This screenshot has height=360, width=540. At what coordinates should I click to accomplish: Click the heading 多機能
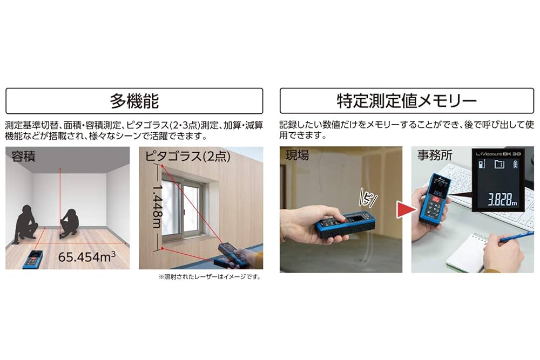point(134,101)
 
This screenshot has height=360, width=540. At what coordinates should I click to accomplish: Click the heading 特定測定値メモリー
point(407,101)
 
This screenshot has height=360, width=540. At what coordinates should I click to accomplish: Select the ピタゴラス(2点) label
point(188,157)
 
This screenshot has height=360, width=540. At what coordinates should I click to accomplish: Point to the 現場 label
point(298,156)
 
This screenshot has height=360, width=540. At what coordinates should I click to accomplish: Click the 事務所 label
point(435,157)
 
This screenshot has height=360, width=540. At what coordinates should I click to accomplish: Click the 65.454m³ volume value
point(87,256)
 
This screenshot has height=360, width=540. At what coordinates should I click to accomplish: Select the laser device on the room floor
point(33,259)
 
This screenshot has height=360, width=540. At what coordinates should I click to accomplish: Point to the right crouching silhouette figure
point(70,222)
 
